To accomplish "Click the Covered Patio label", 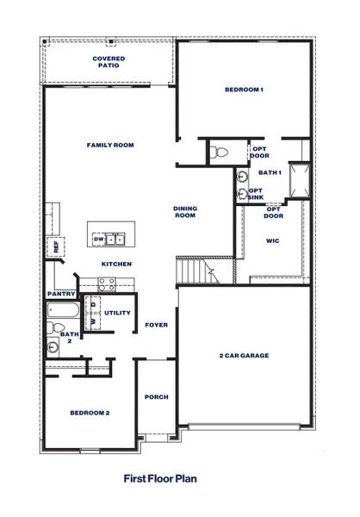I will [x=109, y=62].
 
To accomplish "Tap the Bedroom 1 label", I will [x=244, y=90].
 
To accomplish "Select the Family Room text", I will [x=110, y=146].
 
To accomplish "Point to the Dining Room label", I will [x=185, y=212].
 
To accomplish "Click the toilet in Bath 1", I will [x=219, y=153].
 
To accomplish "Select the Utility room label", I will [x=118, y=313].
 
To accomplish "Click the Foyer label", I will [x=156, y=325].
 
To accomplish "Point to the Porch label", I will [x=156, y=397].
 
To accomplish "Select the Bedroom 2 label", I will [x=90, y=413].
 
